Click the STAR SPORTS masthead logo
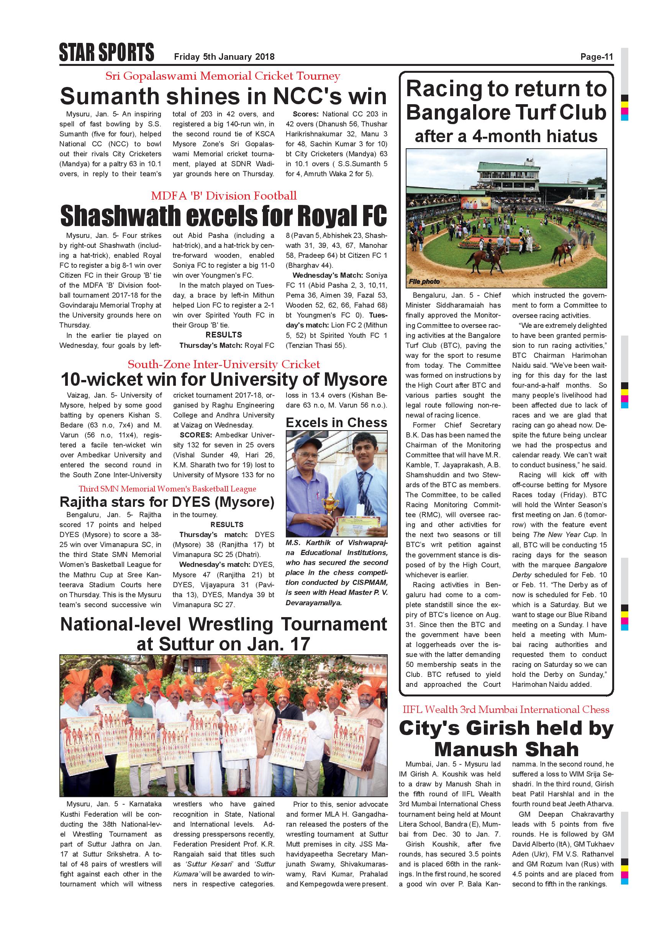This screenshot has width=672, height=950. pos(107,52)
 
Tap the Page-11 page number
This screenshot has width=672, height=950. pos(596,57)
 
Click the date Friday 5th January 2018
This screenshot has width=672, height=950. pos(224,57)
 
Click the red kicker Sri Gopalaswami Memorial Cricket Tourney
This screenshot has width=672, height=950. pos(223,76)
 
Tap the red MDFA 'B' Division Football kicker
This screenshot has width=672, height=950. pos(223,196)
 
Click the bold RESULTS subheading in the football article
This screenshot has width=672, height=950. pos(223,335)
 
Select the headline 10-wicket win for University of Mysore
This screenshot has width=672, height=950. pos(223,379)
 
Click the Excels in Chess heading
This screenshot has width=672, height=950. pos(336,423)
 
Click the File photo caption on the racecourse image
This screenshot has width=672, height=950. pos(424,281)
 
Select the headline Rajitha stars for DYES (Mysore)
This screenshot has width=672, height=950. pos(167,502)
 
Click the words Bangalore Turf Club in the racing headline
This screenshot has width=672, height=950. pos(506,113)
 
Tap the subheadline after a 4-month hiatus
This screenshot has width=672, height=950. pos(506,136)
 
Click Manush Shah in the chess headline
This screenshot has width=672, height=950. pos(506,749)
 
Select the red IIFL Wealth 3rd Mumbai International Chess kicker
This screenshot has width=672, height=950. pos(506,709)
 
